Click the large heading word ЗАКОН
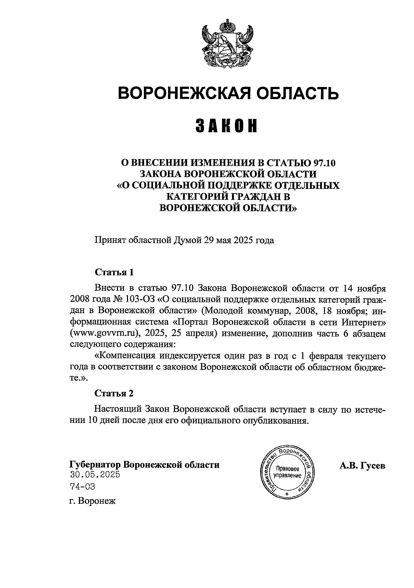[227, 126]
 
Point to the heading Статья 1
[114, 272]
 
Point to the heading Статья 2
[114, 393]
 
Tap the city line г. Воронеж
[92, 501]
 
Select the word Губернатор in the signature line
[95, 464]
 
